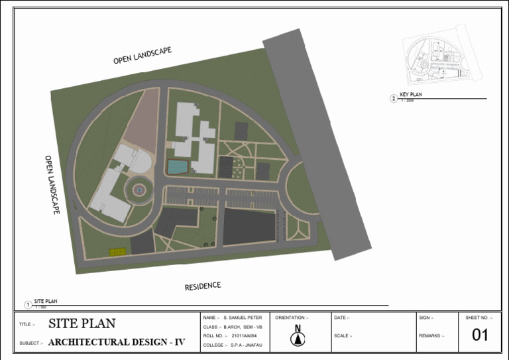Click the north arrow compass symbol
coord(298,337)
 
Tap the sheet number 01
coord(480,335)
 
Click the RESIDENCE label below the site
coord(202,286)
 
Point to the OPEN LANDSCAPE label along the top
coord(142,56)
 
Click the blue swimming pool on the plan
coord(177,166)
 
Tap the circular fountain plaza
coord(139,190)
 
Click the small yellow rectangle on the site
coord(118,252)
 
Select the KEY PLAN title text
coord(411,95)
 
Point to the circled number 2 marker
coord(394,99)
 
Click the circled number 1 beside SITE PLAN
coord(28,304)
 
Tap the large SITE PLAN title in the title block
coord(82,324)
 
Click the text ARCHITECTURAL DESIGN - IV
coord(117,343)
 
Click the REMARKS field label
coord(430,336)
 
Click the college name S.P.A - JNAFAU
coord(247,345)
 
